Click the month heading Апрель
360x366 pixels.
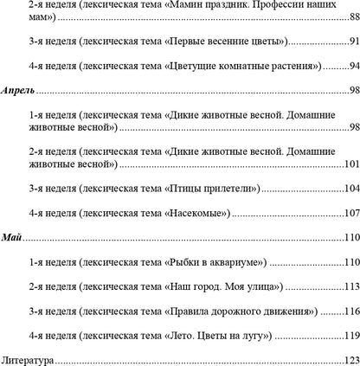(x=20, y=89)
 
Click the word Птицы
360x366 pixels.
(x=183, y=188)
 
